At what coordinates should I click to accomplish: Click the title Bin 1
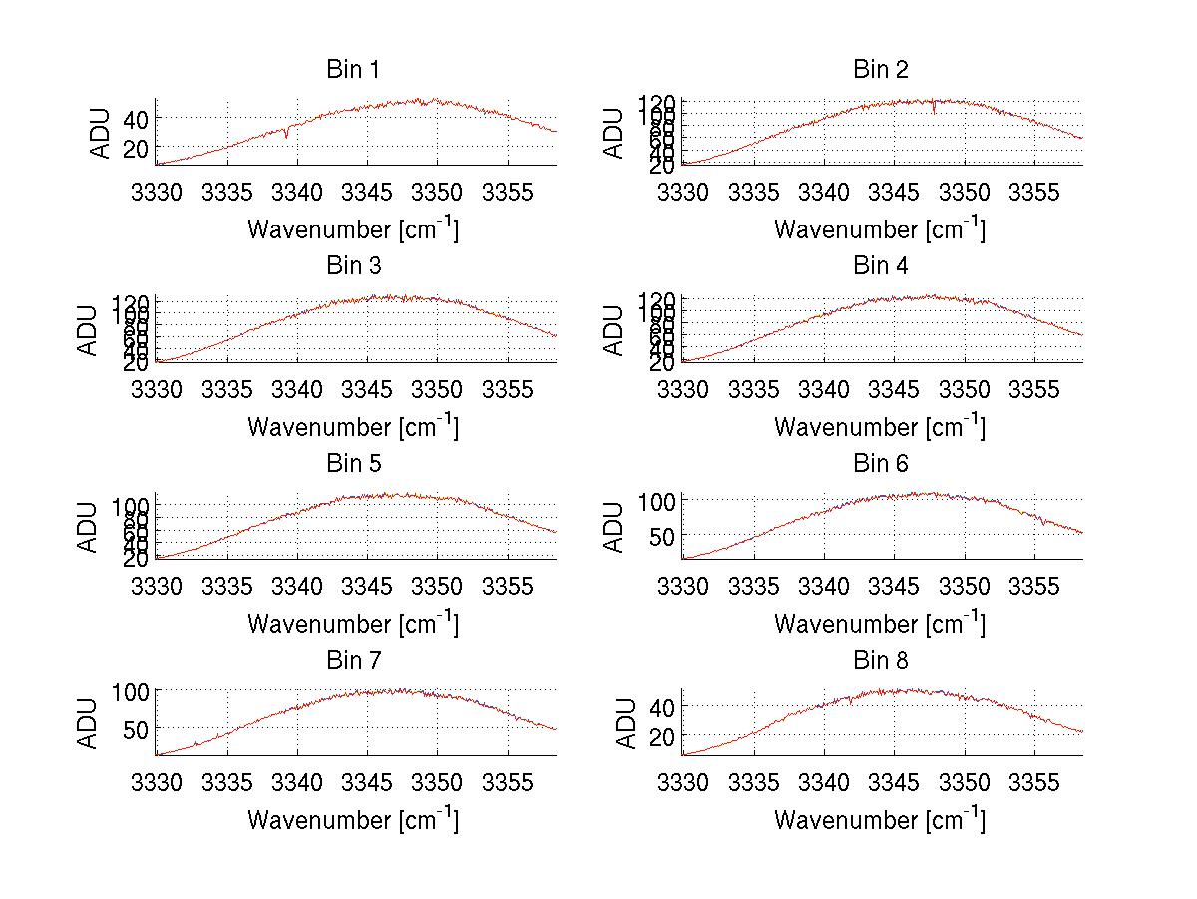[353, 70]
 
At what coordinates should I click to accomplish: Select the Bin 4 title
[881, 266]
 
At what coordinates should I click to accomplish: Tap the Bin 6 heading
[881, 464]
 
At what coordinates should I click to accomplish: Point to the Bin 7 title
[353, 661]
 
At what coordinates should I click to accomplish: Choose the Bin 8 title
[881, 661]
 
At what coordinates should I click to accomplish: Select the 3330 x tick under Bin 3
[157, 389]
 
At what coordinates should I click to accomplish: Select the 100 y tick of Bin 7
[131, 690]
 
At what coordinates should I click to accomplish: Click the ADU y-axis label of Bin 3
[89, 330]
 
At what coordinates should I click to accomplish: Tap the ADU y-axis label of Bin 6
[615, 527]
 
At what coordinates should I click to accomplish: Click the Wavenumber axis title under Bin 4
[879, 427]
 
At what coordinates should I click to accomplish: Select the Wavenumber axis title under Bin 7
[352, 820]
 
